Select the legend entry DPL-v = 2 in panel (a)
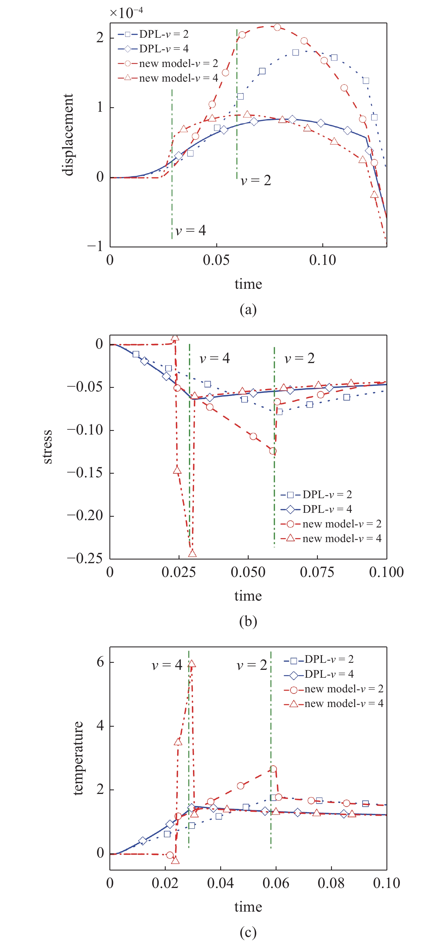(154, 34)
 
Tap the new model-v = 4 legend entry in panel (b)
(331, 538)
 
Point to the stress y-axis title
(47, 447)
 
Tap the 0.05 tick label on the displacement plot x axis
(216, 260)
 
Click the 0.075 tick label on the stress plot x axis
(317, 572)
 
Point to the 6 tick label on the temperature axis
(100, 662)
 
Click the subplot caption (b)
(248, 621)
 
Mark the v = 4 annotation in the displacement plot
(190, 231)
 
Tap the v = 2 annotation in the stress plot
(299, 358)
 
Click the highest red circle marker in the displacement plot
(277, 27)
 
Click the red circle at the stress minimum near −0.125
(273, 451)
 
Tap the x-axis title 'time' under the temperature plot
(248, 907)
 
